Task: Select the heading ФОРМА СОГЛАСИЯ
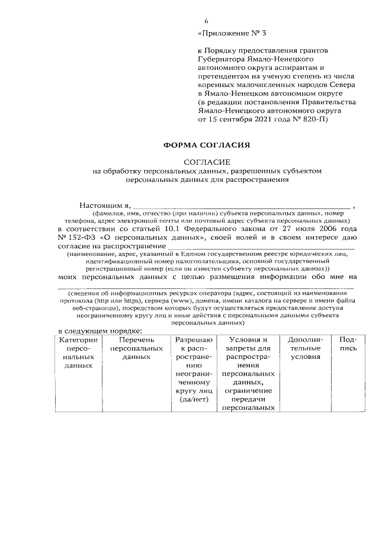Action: pyautogui.click(x=207, y=144)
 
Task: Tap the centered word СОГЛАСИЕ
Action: pyautogui.click(x=207, y=162)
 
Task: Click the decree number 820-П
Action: pyautogui.click(x=311, y=118)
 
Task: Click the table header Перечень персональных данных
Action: pyautogui.click(x=136, y=349)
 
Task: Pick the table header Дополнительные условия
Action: pyautogui.click(x=304, y=349)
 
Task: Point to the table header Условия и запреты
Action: pyautogui.click(x=248, y=344)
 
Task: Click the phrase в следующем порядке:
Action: pyautogui.click(x=95, y=331)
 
